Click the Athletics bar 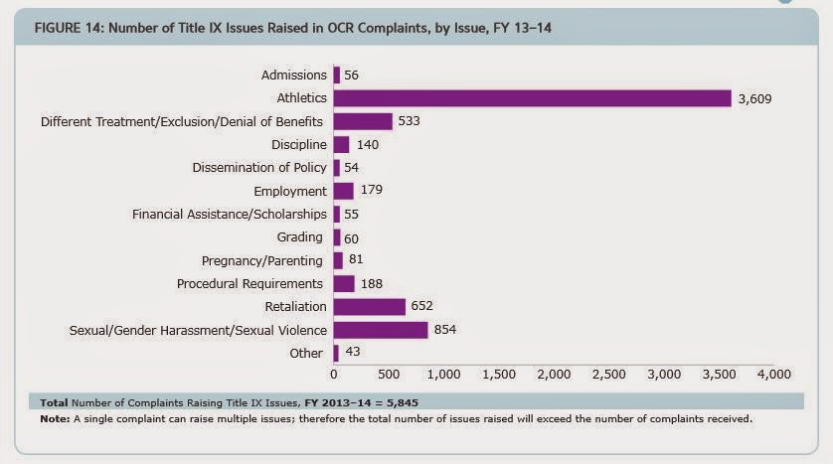(533, 98)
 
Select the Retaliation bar (370, 306)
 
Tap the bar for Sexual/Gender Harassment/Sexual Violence (381, 329)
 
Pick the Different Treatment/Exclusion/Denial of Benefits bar (363, 121)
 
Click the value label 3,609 (754, 98)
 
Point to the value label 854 (446, 329)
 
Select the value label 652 (423, 306)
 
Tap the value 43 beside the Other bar (352, 353)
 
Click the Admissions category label (293, 76)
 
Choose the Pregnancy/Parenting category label (262, 260)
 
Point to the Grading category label (301, 237)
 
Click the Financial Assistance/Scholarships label (230, 214)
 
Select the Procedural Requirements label (250, 283)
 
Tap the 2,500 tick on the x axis (608, 375)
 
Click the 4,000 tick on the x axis (773, 375)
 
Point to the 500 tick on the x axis (389, 375)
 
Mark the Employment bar (344, 191)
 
